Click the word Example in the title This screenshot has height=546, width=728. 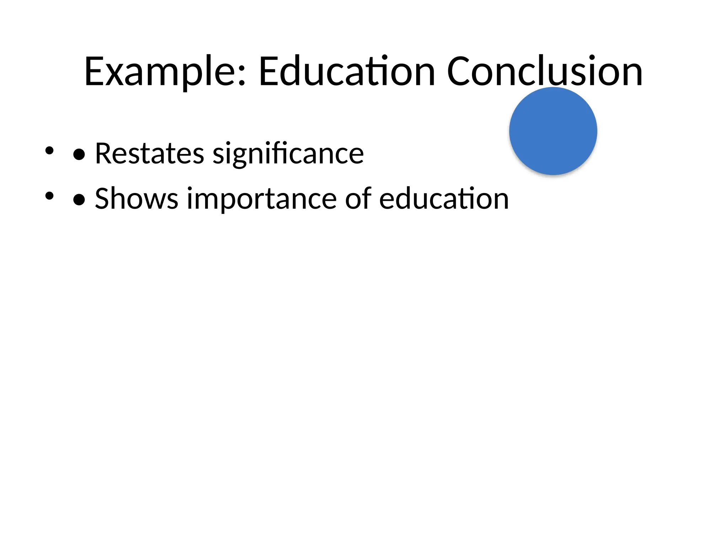160,72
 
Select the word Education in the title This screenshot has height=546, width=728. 347,72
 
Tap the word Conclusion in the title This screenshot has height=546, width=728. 544,72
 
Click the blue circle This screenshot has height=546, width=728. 553,131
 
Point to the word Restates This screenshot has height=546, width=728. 149,154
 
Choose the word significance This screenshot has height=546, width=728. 288,154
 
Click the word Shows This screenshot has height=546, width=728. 136,199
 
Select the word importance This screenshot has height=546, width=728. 261,199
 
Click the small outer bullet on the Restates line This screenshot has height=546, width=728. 49,150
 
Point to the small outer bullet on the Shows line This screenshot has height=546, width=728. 49,196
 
